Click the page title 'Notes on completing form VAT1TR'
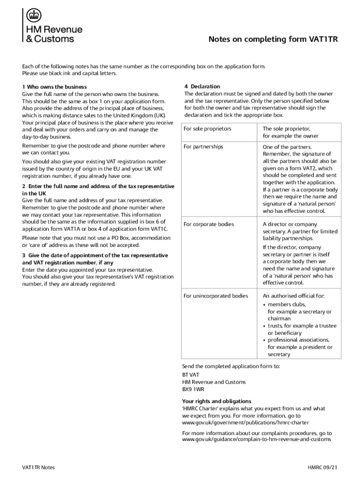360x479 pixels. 273,40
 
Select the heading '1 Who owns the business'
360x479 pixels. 55,87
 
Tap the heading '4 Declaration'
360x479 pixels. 202,87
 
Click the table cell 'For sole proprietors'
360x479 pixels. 208,129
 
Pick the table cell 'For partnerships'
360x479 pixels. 203,147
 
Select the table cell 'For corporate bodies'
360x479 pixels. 209,225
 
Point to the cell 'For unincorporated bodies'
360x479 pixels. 216,296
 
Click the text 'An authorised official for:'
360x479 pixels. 294,296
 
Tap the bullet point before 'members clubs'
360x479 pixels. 265,305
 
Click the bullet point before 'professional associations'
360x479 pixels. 265,340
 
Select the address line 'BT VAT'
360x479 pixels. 191,375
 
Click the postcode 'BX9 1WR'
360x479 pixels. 193,389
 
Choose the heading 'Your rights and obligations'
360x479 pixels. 216,401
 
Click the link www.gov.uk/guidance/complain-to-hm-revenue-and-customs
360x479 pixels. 257,440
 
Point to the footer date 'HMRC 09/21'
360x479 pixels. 323,468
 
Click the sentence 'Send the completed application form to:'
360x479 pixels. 231,366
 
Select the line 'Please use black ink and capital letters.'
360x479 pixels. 69,73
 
